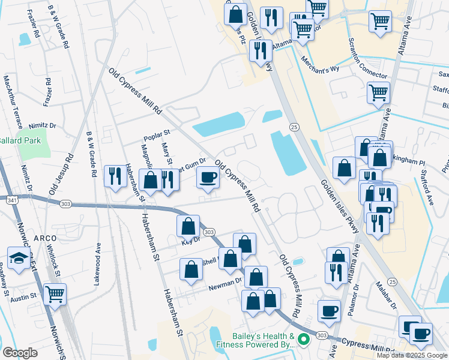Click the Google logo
tap(20, 353)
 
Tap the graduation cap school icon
tap(19, 258)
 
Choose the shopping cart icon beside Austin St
tap(55, 294)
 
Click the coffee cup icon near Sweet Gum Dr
tap(208, 178)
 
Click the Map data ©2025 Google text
tap(412, 355)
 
